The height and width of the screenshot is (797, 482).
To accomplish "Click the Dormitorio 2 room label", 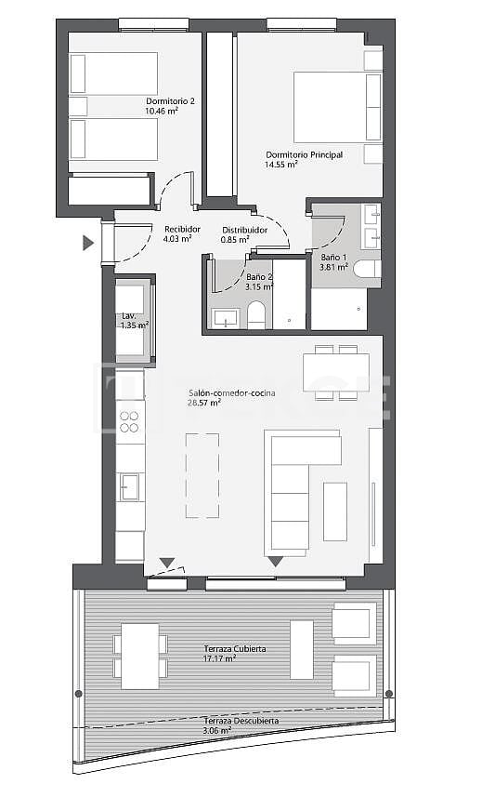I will point(170,100).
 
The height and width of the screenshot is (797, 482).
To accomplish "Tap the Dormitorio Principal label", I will point(304,154).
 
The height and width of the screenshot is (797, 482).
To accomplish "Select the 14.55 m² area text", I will point(280,165).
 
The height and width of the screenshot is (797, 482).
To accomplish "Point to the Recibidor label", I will point(181,229).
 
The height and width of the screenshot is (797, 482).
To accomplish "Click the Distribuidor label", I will point(244,230).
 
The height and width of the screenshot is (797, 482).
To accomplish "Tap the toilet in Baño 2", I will point(257,313).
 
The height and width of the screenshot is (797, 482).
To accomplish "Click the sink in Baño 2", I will point(226,319).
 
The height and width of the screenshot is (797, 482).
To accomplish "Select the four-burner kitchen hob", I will point(130,421).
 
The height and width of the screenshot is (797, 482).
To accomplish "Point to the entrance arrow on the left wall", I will point(88,244).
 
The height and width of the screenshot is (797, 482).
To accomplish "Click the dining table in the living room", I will point(335,373).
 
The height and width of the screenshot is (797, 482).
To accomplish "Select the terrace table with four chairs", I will point(140,655).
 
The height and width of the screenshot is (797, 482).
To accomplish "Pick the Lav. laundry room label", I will point(128,316).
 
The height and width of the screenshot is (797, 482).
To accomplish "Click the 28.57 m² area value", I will point(203,404).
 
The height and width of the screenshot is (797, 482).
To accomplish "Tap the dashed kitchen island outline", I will point(202,475).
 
